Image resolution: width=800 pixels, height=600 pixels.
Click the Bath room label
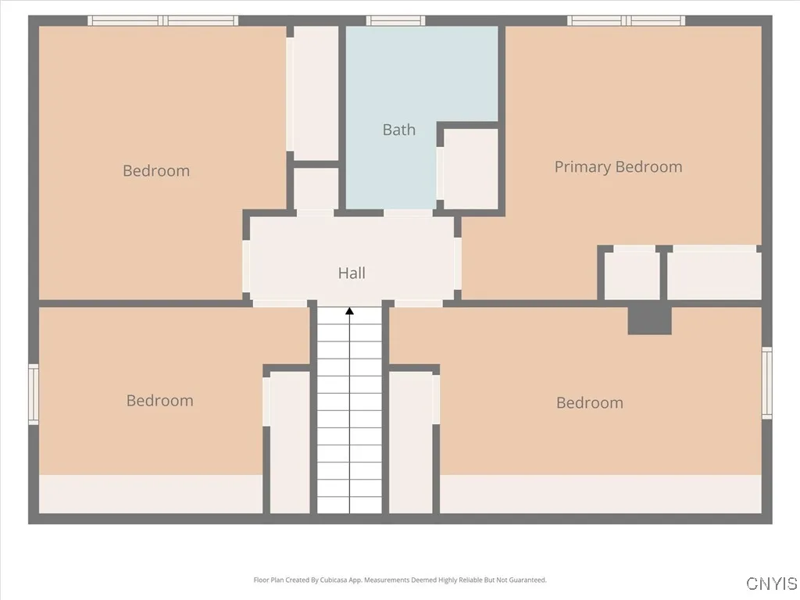[398, 130]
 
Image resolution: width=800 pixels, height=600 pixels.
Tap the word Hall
[352, 273]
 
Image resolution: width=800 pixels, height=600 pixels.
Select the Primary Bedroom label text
[618, 166]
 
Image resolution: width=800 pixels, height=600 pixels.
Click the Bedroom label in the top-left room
[156, 170]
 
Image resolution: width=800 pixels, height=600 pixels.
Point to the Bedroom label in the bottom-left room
[159, 400]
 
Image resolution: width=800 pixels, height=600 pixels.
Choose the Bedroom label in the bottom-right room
[589, 402]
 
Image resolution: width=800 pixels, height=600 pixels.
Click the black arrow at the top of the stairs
[350, 312]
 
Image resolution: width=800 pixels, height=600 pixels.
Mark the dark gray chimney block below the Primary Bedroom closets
[650, 320]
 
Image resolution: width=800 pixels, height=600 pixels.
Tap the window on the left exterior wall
[34, 395]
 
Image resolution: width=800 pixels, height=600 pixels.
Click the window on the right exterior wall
[767, 383]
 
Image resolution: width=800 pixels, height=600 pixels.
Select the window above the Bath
[395, 20]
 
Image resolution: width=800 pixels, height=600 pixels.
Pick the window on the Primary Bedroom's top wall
[626, 20]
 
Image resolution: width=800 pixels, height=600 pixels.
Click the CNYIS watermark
[772, 584]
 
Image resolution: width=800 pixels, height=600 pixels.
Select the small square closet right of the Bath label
[470, 169]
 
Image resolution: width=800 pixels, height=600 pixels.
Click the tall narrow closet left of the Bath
[315, 92]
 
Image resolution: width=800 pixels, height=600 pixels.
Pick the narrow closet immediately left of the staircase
[290, 441]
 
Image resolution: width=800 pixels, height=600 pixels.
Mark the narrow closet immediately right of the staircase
[411, 441]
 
